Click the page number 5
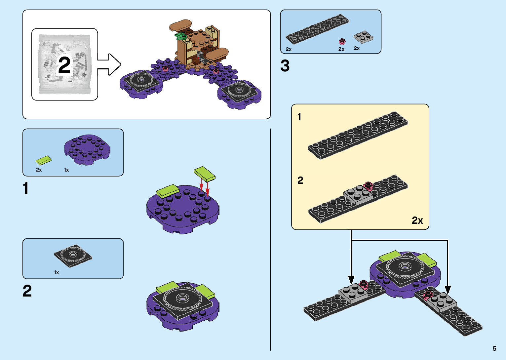pyautogui.click(x=494, y=348)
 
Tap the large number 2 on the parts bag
pyautogui.click(x=64, y=65)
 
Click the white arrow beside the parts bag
pyautogui.click(x=109, y=64)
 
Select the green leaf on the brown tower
pyautogui.click(x=180, y=36)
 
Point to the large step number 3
pyautogui.click(x=285, y=66)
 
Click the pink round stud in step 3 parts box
pyautogui.click(x=342, y=41)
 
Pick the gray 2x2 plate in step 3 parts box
pyautogui.click(x=363, y=37)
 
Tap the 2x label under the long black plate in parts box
pyautogui.click(x=289, y=49)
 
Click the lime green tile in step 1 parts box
pyautogui.click(x=44, y=160)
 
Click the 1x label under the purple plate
pyautogui.click(x=66, y=170)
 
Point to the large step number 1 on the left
pyautogui.click(x=26, y=188)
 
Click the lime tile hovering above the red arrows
pyautogui.click(x=205, y=174)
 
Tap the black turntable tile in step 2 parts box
pyautogui.click(x=73, y=256)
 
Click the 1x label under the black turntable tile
pyautogui.click(x=57, y=272)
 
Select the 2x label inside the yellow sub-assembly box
pyautogui.click(x=417, y=220)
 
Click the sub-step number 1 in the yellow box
pyautogui.click(x=299, y=117)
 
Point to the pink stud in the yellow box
pyautogui.click(x=368, y=186)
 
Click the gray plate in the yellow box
pyautogui.click(x=358, y=194)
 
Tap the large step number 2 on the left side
pyautogui.click(x=27, y=291)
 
